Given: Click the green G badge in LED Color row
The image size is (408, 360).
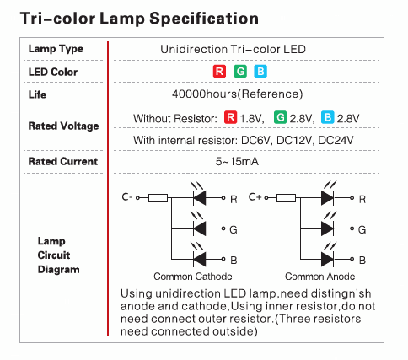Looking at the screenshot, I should [x=240, y=72].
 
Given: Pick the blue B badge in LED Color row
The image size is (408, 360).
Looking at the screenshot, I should [x=260, y=72].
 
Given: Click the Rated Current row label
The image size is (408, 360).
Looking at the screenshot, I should [x=62, y=161].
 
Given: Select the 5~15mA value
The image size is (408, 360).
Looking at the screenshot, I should [x=239, y=161].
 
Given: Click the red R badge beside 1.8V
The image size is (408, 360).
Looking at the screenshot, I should [x=229, y=117].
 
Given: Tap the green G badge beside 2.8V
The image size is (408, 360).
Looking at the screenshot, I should [x=279, y=117].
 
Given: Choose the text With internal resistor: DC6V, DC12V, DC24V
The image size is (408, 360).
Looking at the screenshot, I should [x=239, y=140].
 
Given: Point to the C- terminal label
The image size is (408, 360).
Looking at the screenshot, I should [x=126, y=197].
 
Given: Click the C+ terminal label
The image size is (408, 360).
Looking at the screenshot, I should [x=254, y=197].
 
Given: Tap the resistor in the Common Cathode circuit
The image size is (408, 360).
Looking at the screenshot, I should [x=158, y=198].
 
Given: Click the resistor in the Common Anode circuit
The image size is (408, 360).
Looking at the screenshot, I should [x=285, y=198].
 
